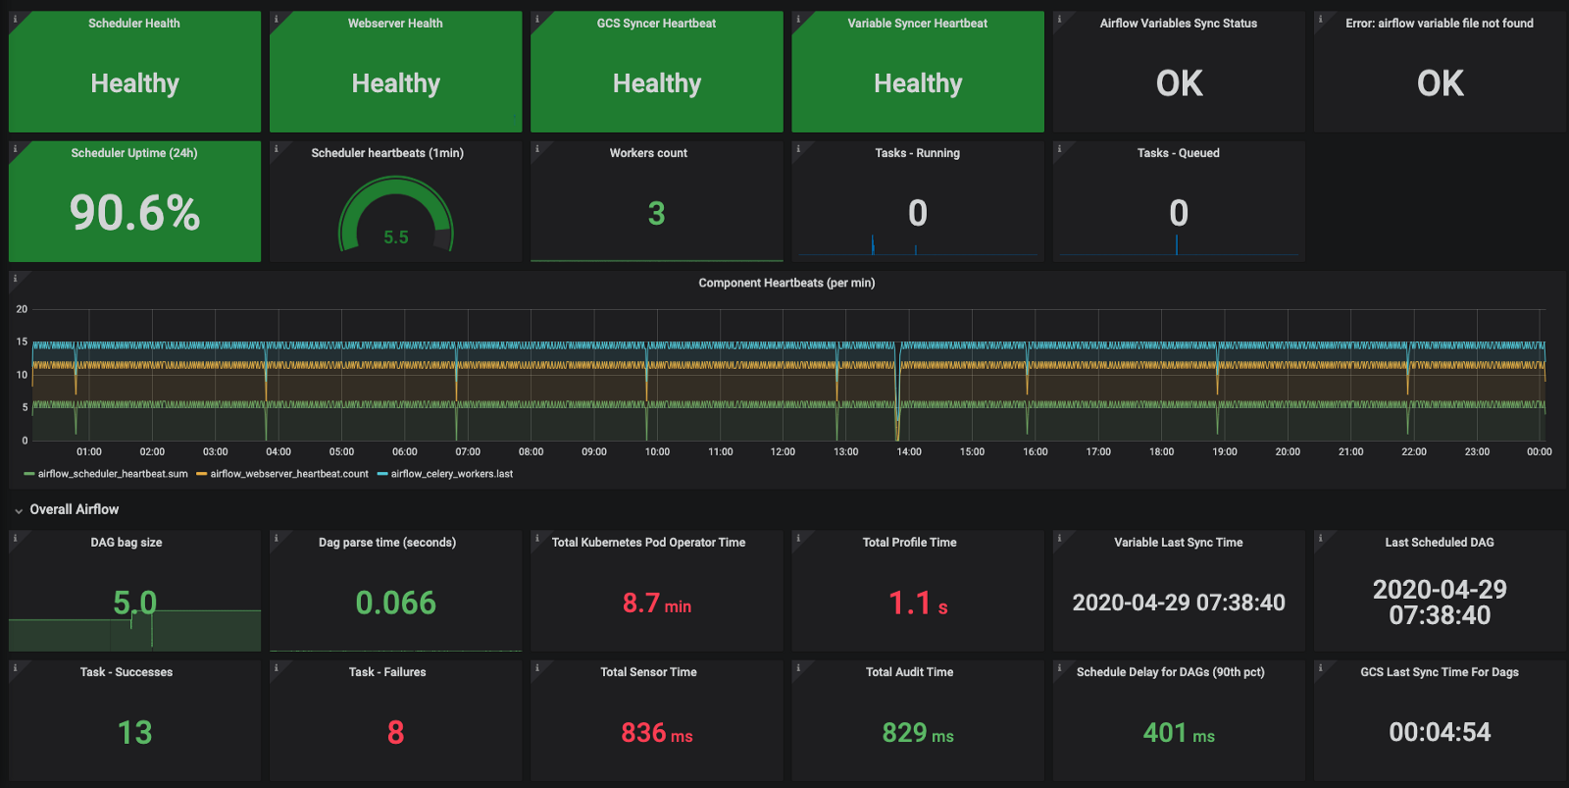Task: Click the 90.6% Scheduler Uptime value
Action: [134, 213]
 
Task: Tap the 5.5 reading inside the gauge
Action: [396, 237]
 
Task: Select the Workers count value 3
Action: [656, 213]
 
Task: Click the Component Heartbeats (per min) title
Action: [786, 283]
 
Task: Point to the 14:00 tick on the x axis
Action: [908, 451]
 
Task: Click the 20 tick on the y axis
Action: [22, 309]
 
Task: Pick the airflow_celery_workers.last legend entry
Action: [445, 474]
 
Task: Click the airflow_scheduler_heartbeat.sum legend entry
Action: [106, 474]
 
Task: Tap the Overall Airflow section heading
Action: [75, 509]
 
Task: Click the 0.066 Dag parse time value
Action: [396, 603]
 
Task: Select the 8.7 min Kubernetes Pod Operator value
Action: [656, 603]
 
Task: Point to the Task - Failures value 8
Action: [396, 733]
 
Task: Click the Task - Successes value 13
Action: [134, 733]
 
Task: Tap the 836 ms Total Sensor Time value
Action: [656, 733]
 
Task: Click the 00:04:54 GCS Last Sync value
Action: [1440, 733]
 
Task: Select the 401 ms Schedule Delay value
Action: [1179, 733]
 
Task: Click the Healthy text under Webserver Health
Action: [396, 83]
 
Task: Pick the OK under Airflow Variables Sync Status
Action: [1179, 83]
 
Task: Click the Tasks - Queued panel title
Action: [1178, 153]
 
